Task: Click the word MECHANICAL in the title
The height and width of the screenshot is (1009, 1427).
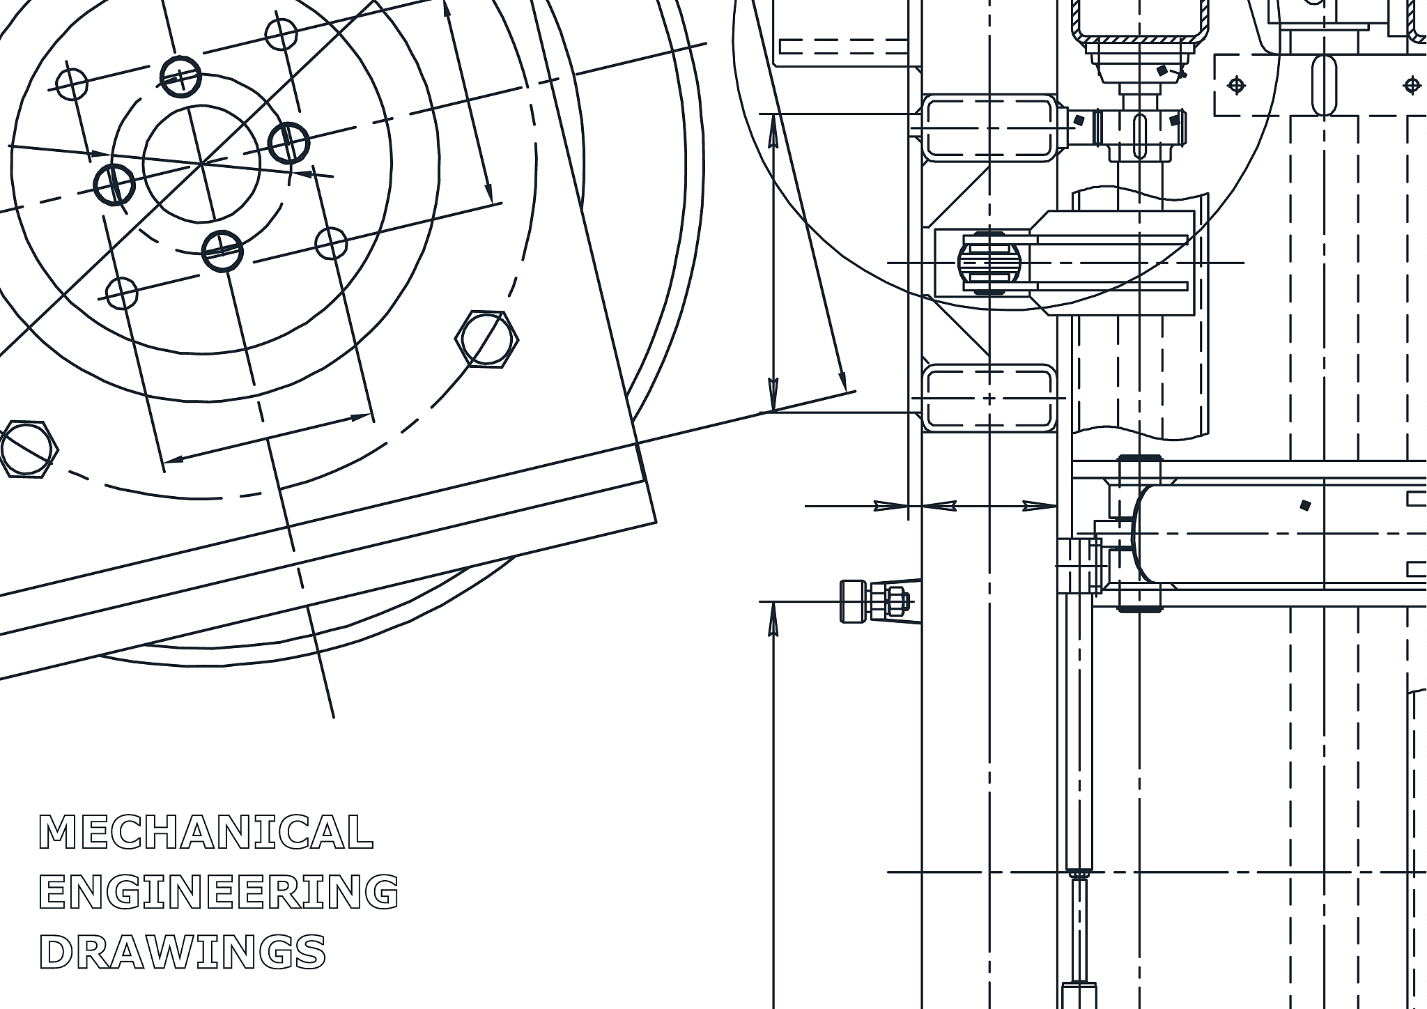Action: [206, 831]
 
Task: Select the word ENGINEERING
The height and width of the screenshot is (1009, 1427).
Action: [219, 891]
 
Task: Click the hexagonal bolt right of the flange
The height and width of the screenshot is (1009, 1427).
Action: [486, 339]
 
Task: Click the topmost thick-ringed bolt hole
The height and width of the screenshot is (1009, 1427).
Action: [180, 76]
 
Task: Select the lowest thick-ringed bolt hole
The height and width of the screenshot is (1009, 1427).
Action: [222, 250]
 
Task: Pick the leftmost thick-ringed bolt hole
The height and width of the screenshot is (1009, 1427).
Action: [115, 185]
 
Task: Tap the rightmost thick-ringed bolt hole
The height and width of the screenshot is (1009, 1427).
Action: [289, 143]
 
